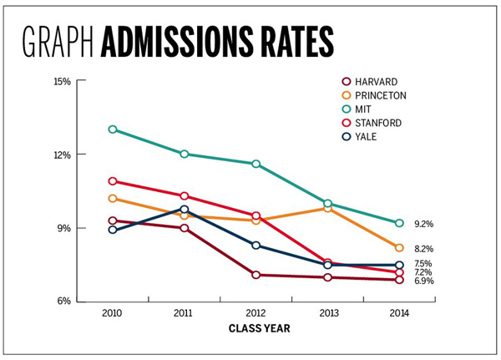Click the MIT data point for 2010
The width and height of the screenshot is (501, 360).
pos(112,129)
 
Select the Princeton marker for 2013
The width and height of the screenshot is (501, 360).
pos(328,208)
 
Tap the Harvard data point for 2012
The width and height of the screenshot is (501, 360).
pos(256,275)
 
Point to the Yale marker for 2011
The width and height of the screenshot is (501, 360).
pos(185,210)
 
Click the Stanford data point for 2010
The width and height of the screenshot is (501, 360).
pos(112,181)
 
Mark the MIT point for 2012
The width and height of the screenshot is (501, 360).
pos(256,164)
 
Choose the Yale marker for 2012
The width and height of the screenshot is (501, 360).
pos(256,246)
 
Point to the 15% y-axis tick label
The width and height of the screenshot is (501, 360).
pos(61,81)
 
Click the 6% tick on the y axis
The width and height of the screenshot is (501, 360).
pos(63,302)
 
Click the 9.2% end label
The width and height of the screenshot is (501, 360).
pos(424,224)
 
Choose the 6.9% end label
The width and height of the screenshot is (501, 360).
pos(424,281)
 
